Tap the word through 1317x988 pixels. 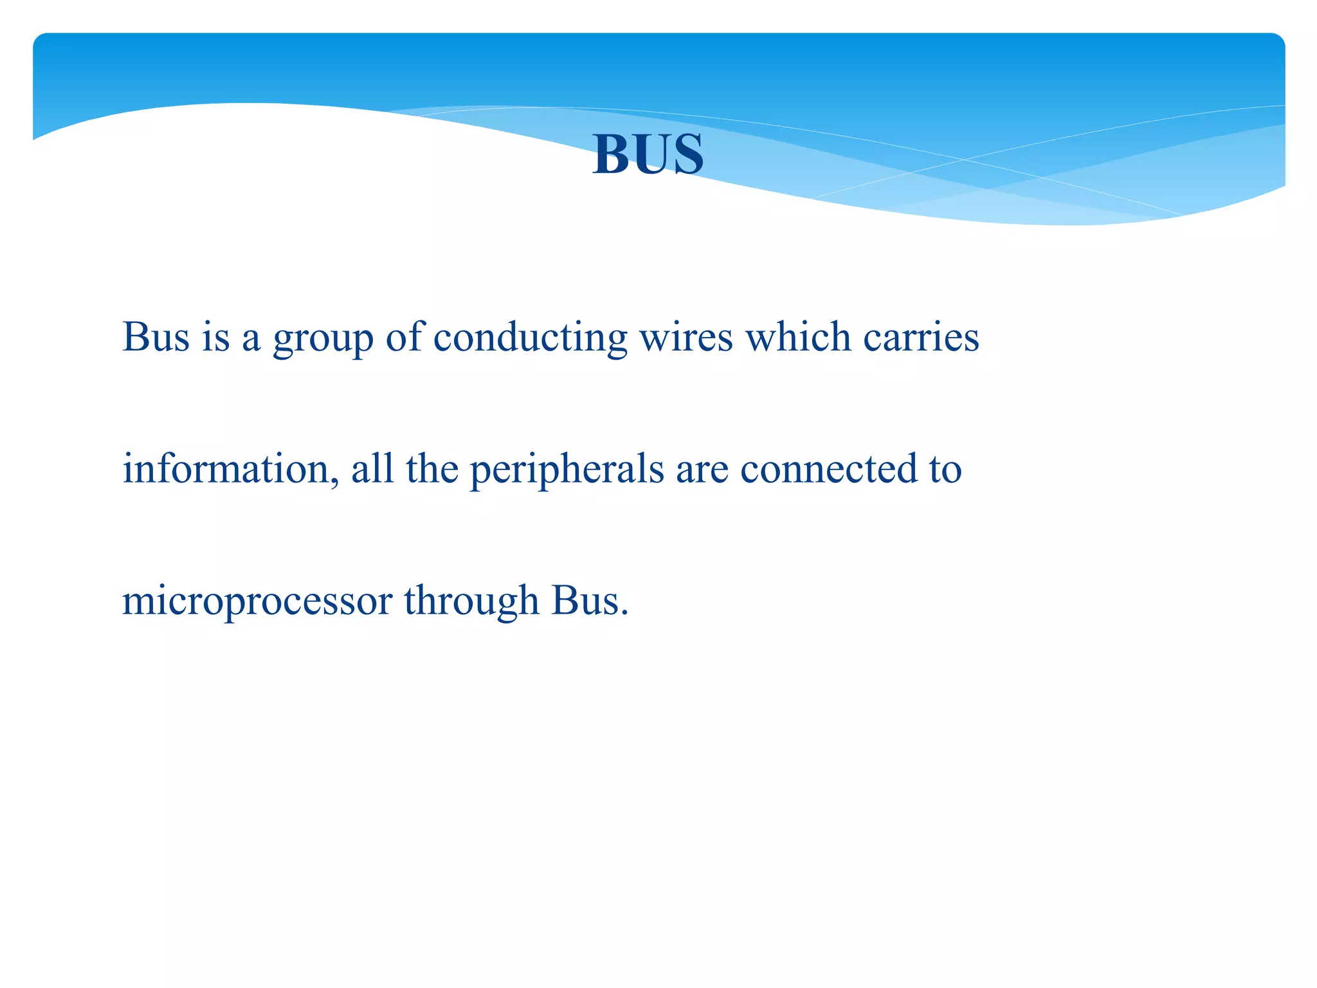pyautogui.click(x=471, y=602)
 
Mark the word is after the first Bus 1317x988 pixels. pyautogui.click(x=215, y=336)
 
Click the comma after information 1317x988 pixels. pyautogui.click(x=335, y=481)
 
